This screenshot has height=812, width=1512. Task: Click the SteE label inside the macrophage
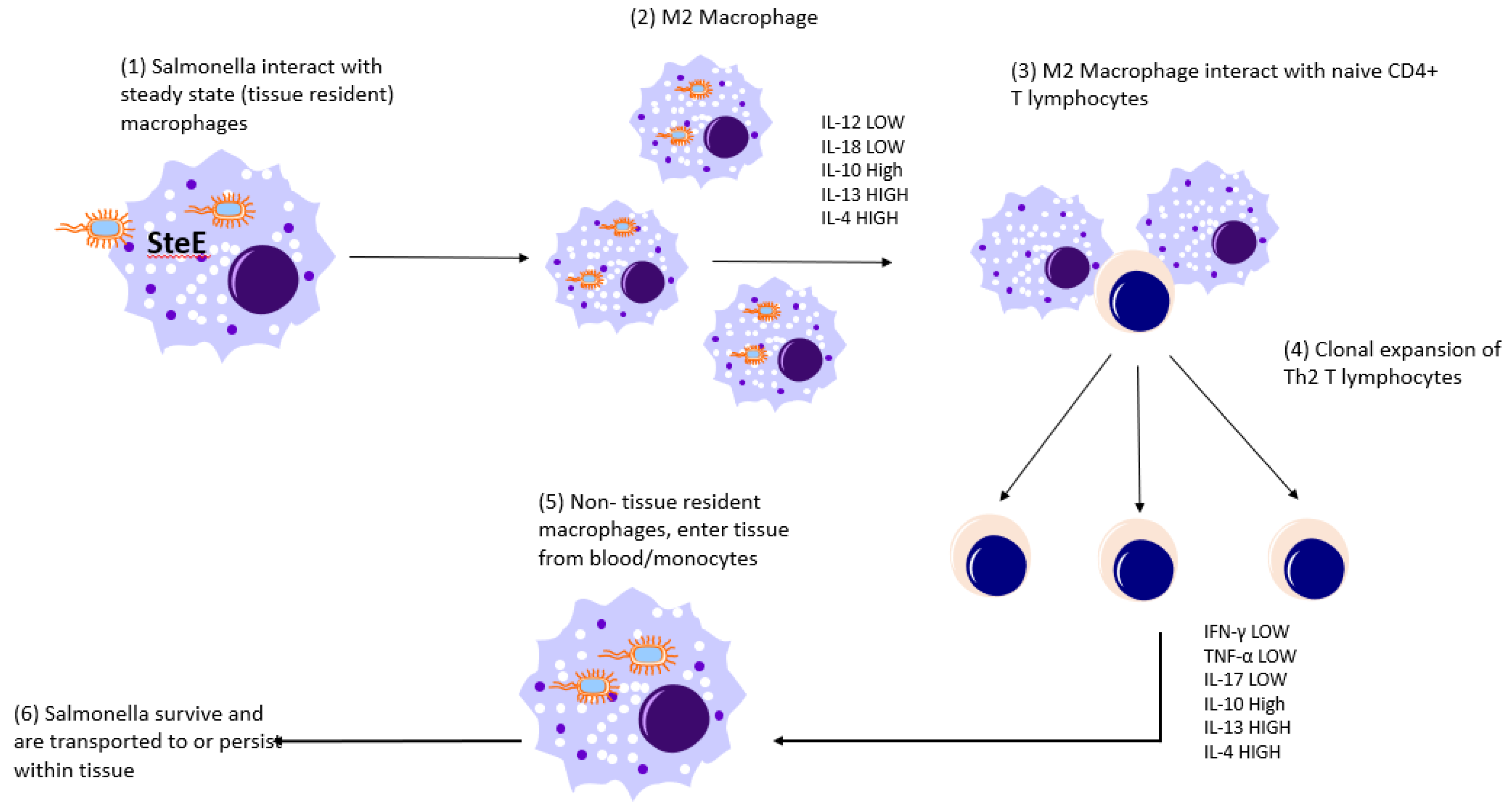point(176,243)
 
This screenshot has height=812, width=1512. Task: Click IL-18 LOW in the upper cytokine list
point(862,147)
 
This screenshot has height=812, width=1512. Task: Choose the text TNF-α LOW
point(1250,656)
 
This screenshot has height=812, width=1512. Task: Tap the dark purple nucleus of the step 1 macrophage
point(263,280)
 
